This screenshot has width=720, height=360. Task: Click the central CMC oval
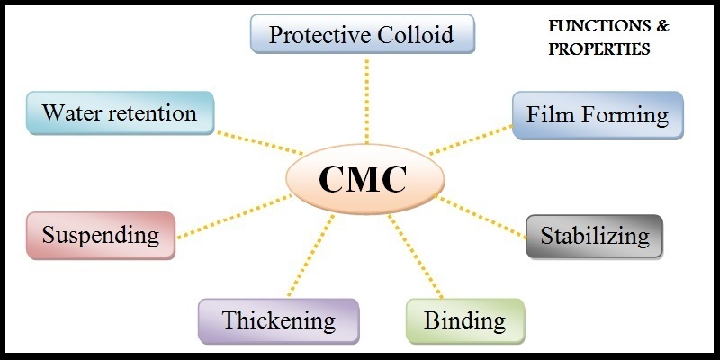(x=365, y=179)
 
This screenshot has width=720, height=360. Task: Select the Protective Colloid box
(x=363, y=34)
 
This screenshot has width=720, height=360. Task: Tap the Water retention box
(x=121, y=113)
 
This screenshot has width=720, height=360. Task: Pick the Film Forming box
(x=598, y=115)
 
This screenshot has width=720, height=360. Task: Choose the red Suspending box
(x=101, y=236)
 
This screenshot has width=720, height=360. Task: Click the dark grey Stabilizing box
(x=595, y=237)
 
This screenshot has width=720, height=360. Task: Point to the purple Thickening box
(x=279, y=321)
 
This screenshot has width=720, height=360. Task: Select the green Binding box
(x=465, y=321)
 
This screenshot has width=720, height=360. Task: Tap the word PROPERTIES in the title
(x=599, y=49)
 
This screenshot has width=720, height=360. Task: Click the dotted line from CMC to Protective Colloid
(x=366, y=101)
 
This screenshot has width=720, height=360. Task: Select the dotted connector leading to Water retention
(x=260, y=143)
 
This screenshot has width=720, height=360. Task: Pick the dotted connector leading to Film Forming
(x=471, y=139)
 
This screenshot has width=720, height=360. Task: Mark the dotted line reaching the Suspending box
(x=234, y=217)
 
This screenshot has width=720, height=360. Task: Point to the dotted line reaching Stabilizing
(x=481, y=217)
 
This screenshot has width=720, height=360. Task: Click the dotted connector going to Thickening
(x=310, y=256)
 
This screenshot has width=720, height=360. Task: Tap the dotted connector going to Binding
(x=415, y=256)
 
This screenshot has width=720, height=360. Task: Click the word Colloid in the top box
(x=418, y=34)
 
